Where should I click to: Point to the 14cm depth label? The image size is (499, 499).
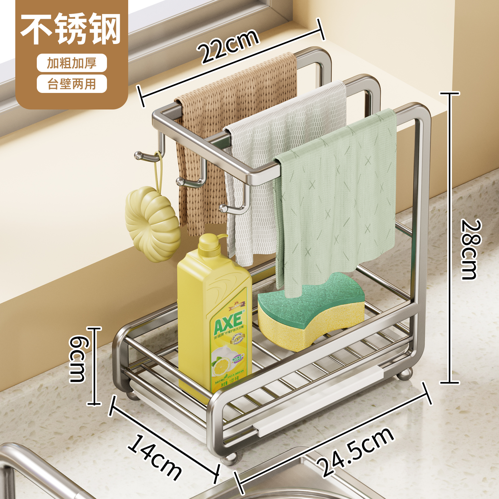tap(155, 457)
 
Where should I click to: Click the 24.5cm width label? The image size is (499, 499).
tap(356, 452)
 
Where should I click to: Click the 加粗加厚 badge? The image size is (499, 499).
tap(72, 63)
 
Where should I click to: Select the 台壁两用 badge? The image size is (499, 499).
tap(72, 84)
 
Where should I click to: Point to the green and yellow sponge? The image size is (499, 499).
tap(310, 312)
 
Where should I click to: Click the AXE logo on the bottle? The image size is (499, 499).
tap(228, 321)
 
